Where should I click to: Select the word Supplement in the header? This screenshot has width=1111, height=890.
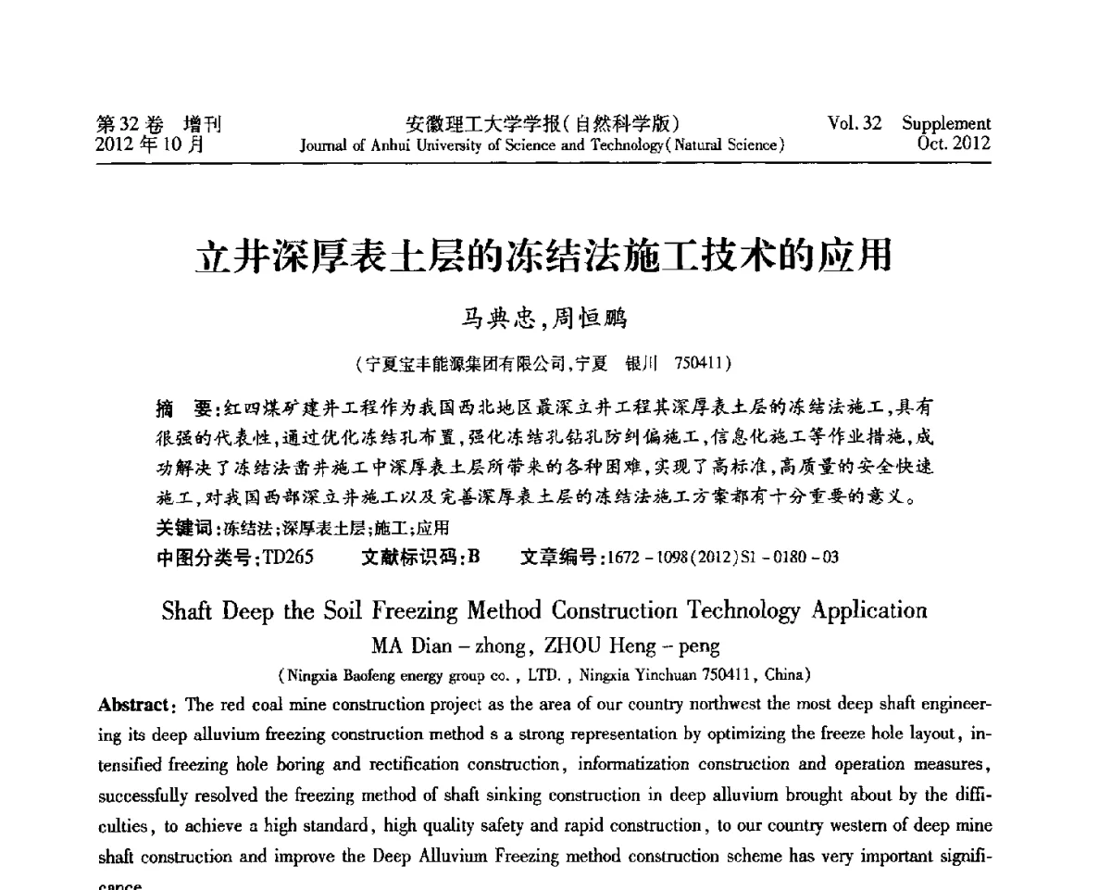tap(946, 124)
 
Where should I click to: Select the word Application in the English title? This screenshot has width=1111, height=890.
tap(868, 611)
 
